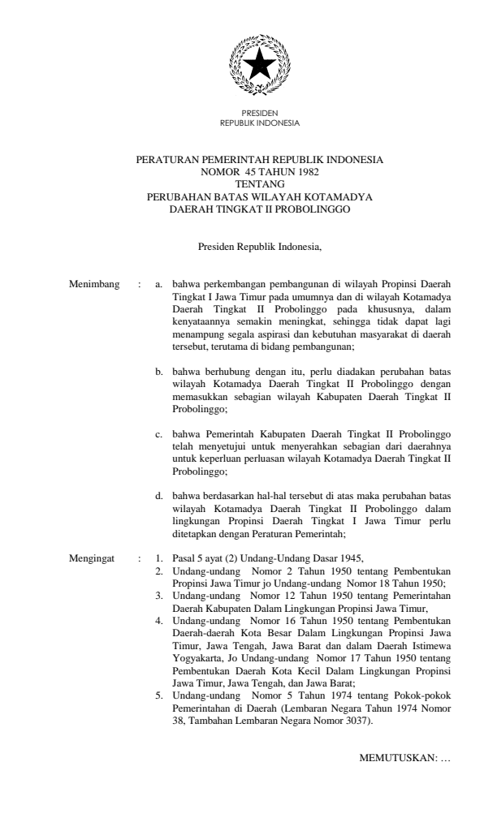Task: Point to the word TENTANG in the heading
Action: pos(259,183)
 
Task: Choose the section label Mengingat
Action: pos(93,558)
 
